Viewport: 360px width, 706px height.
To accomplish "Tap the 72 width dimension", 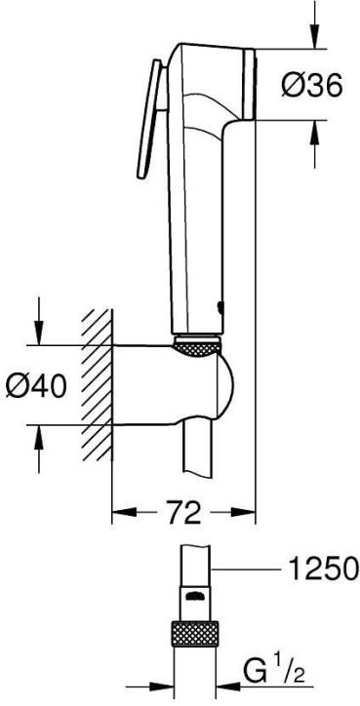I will point(182,511).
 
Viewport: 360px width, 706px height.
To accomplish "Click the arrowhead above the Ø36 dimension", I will point(315,37).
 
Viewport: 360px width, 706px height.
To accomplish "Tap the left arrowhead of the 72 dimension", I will point(118,511).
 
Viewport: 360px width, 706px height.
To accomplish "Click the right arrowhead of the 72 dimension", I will point(248,511).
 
